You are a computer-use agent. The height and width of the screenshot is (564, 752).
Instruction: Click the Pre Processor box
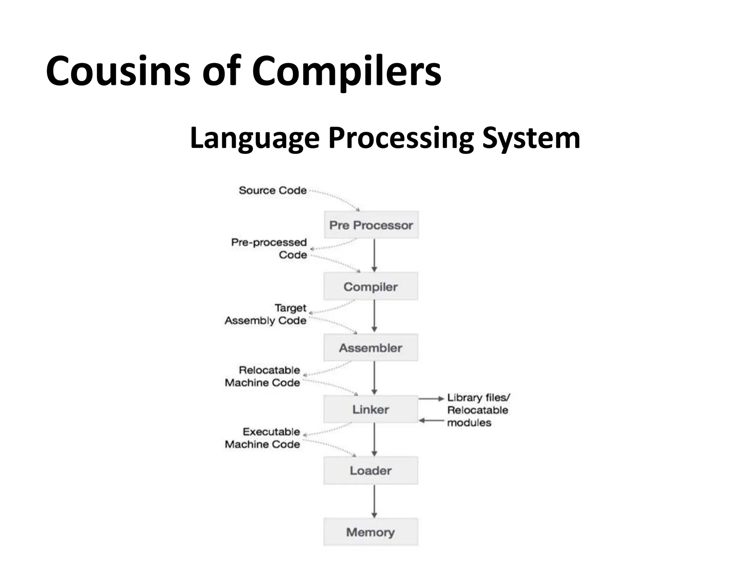pos(371,225)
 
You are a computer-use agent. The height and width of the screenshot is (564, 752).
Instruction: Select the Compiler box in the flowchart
pos(370,286)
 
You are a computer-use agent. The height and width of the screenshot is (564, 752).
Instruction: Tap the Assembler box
pos(370,348)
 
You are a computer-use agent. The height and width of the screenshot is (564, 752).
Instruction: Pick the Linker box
pos(370,409)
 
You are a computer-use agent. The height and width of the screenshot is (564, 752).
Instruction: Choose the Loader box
pos(370,470)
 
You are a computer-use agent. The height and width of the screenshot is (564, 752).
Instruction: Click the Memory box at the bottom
pos(370,532)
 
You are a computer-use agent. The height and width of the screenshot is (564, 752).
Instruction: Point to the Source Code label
pos(272,190)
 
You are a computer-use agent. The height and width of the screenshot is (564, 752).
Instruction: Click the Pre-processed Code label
pos(269,248)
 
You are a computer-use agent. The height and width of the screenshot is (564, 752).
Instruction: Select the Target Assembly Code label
pos(265,314)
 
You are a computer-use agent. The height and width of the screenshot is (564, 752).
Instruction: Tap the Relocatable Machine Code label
pos(263,376)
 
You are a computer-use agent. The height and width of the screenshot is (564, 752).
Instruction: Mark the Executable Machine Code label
pos(263,438)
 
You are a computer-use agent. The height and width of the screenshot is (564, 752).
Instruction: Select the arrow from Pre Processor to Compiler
pos(374,255)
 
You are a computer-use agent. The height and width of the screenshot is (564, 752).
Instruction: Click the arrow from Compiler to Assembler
pos(374,316)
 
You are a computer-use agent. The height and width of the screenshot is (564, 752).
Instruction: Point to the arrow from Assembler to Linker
pos(374,377)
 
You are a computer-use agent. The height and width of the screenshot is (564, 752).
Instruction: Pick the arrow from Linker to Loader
pos(374,439)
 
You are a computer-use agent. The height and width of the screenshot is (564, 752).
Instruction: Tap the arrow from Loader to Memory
pos(374,501)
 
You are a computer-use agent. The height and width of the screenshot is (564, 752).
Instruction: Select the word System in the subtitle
pos(531,138)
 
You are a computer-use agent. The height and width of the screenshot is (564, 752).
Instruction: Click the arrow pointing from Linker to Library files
pos(431,398)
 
